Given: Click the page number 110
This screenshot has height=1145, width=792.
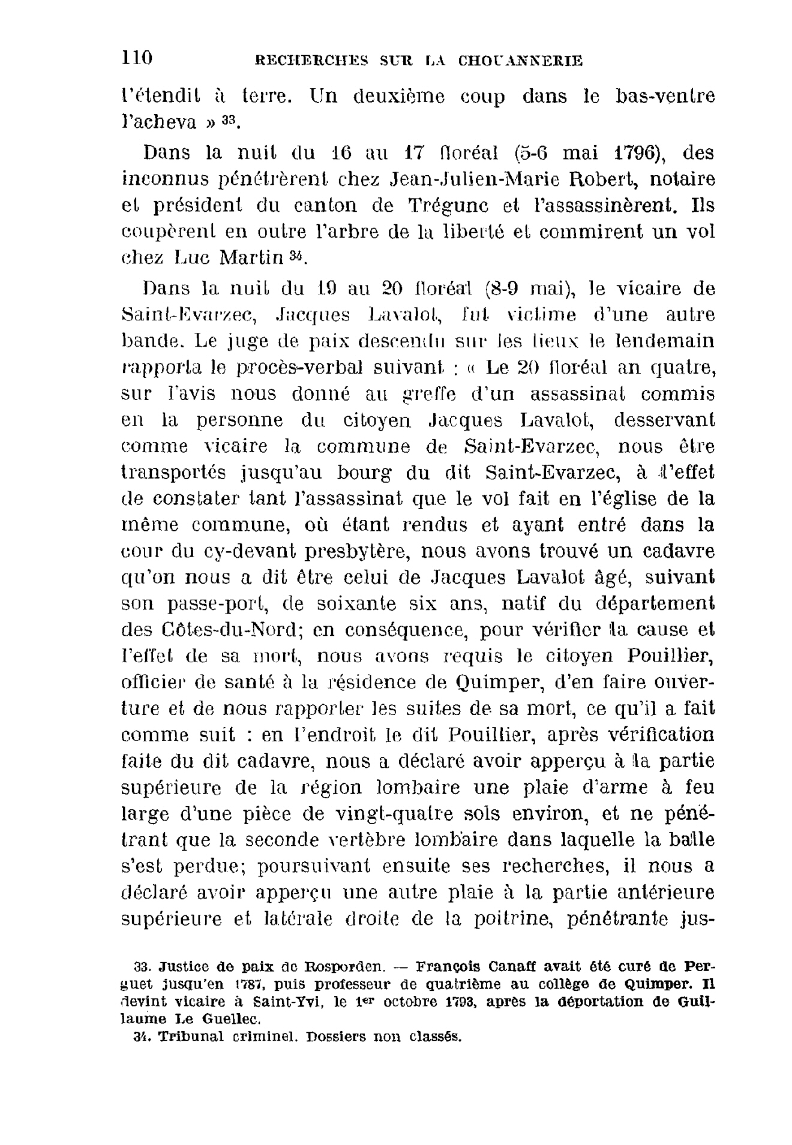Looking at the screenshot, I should pyautogui.click(x=137, y=58).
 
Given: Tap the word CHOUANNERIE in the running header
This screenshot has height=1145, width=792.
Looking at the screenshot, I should pyautogui.click(x=520, y=61).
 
